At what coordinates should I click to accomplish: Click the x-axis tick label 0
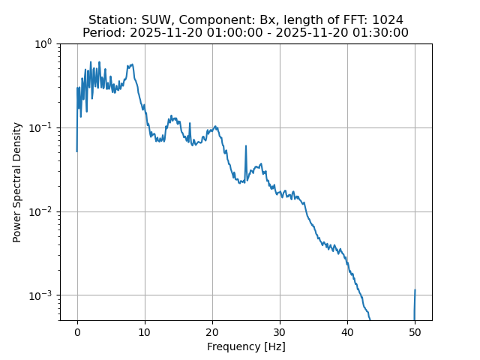click(77, 331)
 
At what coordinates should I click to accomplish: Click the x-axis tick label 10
click(145, 331)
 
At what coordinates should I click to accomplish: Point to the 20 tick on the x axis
click(212, 331)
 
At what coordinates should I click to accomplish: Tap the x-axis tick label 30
click(280, 331)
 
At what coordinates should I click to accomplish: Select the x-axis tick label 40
click(347, 331)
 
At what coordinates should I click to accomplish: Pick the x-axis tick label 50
click(415, 331)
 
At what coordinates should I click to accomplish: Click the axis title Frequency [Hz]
click(246, 346)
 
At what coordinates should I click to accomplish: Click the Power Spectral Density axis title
click(17, 181)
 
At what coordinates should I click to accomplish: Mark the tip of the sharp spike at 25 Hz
click(246, 146)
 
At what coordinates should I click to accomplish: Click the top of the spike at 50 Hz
click(415, 290)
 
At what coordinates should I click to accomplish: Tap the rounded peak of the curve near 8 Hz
click(132, 64)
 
